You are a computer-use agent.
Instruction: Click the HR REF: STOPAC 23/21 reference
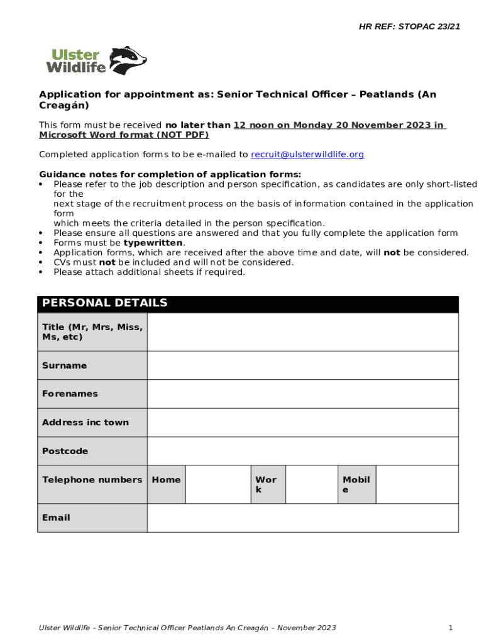coord(409,26)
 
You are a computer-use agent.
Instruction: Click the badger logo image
coord(129,60)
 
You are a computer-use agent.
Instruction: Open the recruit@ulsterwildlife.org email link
coord(307,155)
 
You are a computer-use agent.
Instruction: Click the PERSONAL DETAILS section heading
coord(105,303)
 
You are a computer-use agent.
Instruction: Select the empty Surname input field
coord(302,365)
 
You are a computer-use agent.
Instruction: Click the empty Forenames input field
coord(302,394)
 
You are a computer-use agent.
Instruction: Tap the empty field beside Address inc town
coord(302,423)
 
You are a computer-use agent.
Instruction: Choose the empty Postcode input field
coord(302,451)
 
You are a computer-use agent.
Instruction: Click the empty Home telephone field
coord(218,484)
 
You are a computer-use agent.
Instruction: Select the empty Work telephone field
coord(311,484)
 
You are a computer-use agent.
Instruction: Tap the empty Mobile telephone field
coord(417,484)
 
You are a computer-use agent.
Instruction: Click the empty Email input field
coord(302,518)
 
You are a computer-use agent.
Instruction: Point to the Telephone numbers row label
coord(92,480)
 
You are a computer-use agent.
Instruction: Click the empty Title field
coord(302,332)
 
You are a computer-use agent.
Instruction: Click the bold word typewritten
coord(153,243)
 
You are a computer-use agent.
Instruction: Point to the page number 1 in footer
coord(451,628)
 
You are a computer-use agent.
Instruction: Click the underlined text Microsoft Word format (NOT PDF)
coord(124,135)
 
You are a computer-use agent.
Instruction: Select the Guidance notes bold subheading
coord(170,174)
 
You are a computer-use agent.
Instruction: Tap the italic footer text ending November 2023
coord(187,628)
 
